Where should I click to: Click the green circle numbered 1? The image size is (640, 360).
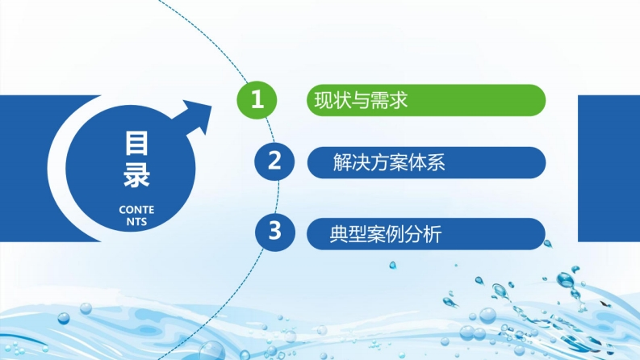tap(257, 100)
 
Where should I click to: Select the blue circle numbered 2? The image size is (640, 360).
tap(274, 161)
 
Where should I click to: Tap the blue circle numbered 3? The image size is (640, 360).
tap(274, 232)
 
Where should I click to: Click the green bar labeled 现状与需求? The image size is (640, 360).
tap(426, 100)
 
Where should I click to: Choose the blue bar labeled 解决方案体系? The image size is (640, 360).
tap(426, 162)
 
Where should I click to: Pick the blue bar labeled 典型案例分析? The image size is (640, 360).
tap(426, 234)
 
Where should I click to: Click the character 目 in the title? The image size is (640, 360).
tap(136, 143)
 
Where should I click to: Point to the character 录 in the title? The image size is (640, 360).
tap(136, 175)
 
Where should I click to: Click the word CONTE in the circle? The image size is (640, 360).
tap(136, 210)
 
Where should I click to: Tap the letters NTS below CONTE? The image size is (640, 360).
tap(136, 222)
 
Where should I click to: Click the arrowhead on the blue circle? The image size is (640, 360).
tap(195, 115)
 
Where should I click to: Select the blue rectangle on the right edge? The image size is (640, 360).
tap(609, 168)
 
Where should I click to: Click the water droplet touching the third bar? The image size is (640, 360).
tap(547, 244)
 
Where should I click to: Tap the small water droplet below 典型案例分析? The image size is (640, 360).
tap(393, 266)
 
